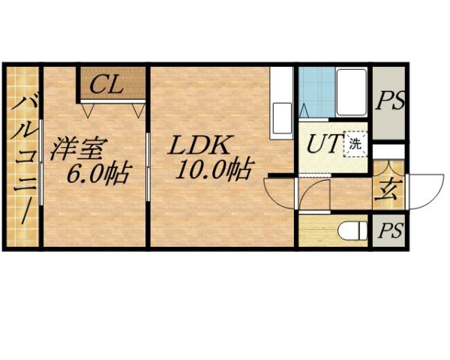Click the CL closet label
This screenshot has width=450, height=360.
106,84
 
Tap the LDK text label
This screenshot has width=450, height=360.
200,145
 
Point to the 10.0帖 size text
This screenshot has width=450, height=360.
213,170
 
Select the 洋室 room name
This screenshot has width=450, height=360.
79,147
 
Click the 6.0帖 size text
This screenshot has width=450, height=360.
97,174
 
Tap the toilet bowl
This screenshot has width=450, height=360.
351,229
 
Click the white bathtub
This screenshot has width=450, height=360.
351,92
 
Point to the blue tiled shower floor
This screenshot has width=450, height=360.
315,91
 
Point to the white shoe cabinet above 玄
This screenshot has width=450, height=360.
388,151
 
